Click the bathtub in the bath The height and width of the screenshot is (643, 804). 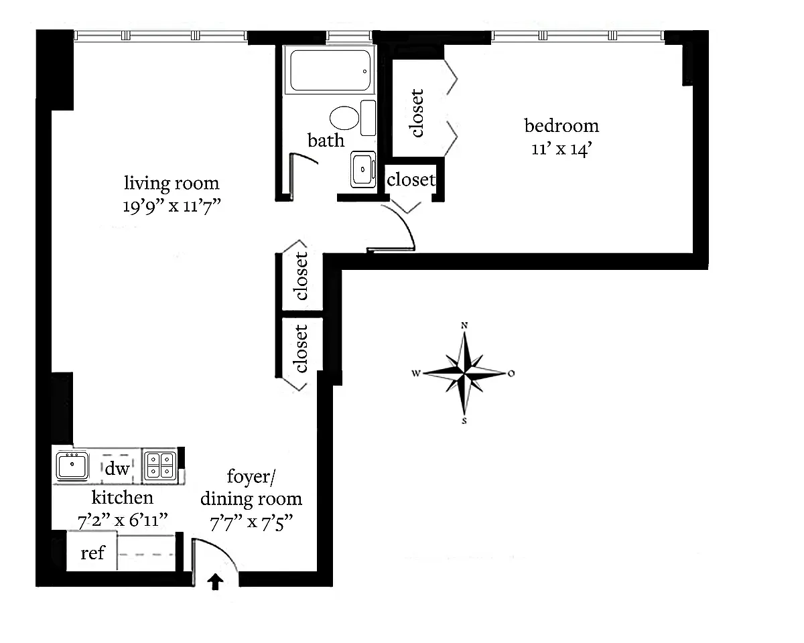(330, 70)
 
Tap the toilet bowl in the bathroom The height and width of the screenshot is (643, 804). (344, 118)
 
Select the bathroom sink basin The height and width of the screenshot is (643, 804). (362, 169)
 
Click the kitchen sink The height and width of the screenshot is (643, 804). (72, 466)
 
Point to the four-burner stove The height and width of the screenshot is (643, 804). (161, 466)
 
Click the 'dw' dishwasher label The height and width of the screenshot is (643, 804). (117, 469)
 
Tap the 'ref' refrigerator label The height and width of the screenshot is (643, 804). (92, 553)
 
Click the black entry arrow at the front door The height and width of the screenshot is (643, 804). (215, 581)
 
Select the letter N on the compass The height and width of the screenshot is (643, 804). (464, 326)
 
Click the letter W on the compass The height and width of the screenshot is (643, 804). (416, 373)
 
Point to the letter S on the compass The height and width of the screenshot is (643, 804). (464, 421)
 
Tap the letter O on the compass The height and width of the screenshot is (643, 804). (511, 373)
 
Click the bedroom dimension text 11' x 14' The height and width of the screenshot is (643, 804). (561, 149)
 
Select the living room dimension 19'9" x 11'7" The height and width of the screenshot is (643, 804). (172, 206)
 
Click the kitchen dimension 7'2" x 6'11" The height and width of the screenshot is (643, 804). (123, 520)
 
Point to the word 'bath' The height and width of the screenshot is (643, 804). (326, 141)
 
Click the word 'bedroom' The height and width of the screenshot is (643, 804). (561, 126)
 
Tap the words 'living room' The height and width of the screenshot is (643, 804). (172, 184)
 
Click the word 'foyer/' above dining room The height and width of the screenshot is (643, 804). (251, 477)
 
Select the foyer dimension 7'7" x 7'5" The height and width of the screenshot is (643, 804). (251, 522)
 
